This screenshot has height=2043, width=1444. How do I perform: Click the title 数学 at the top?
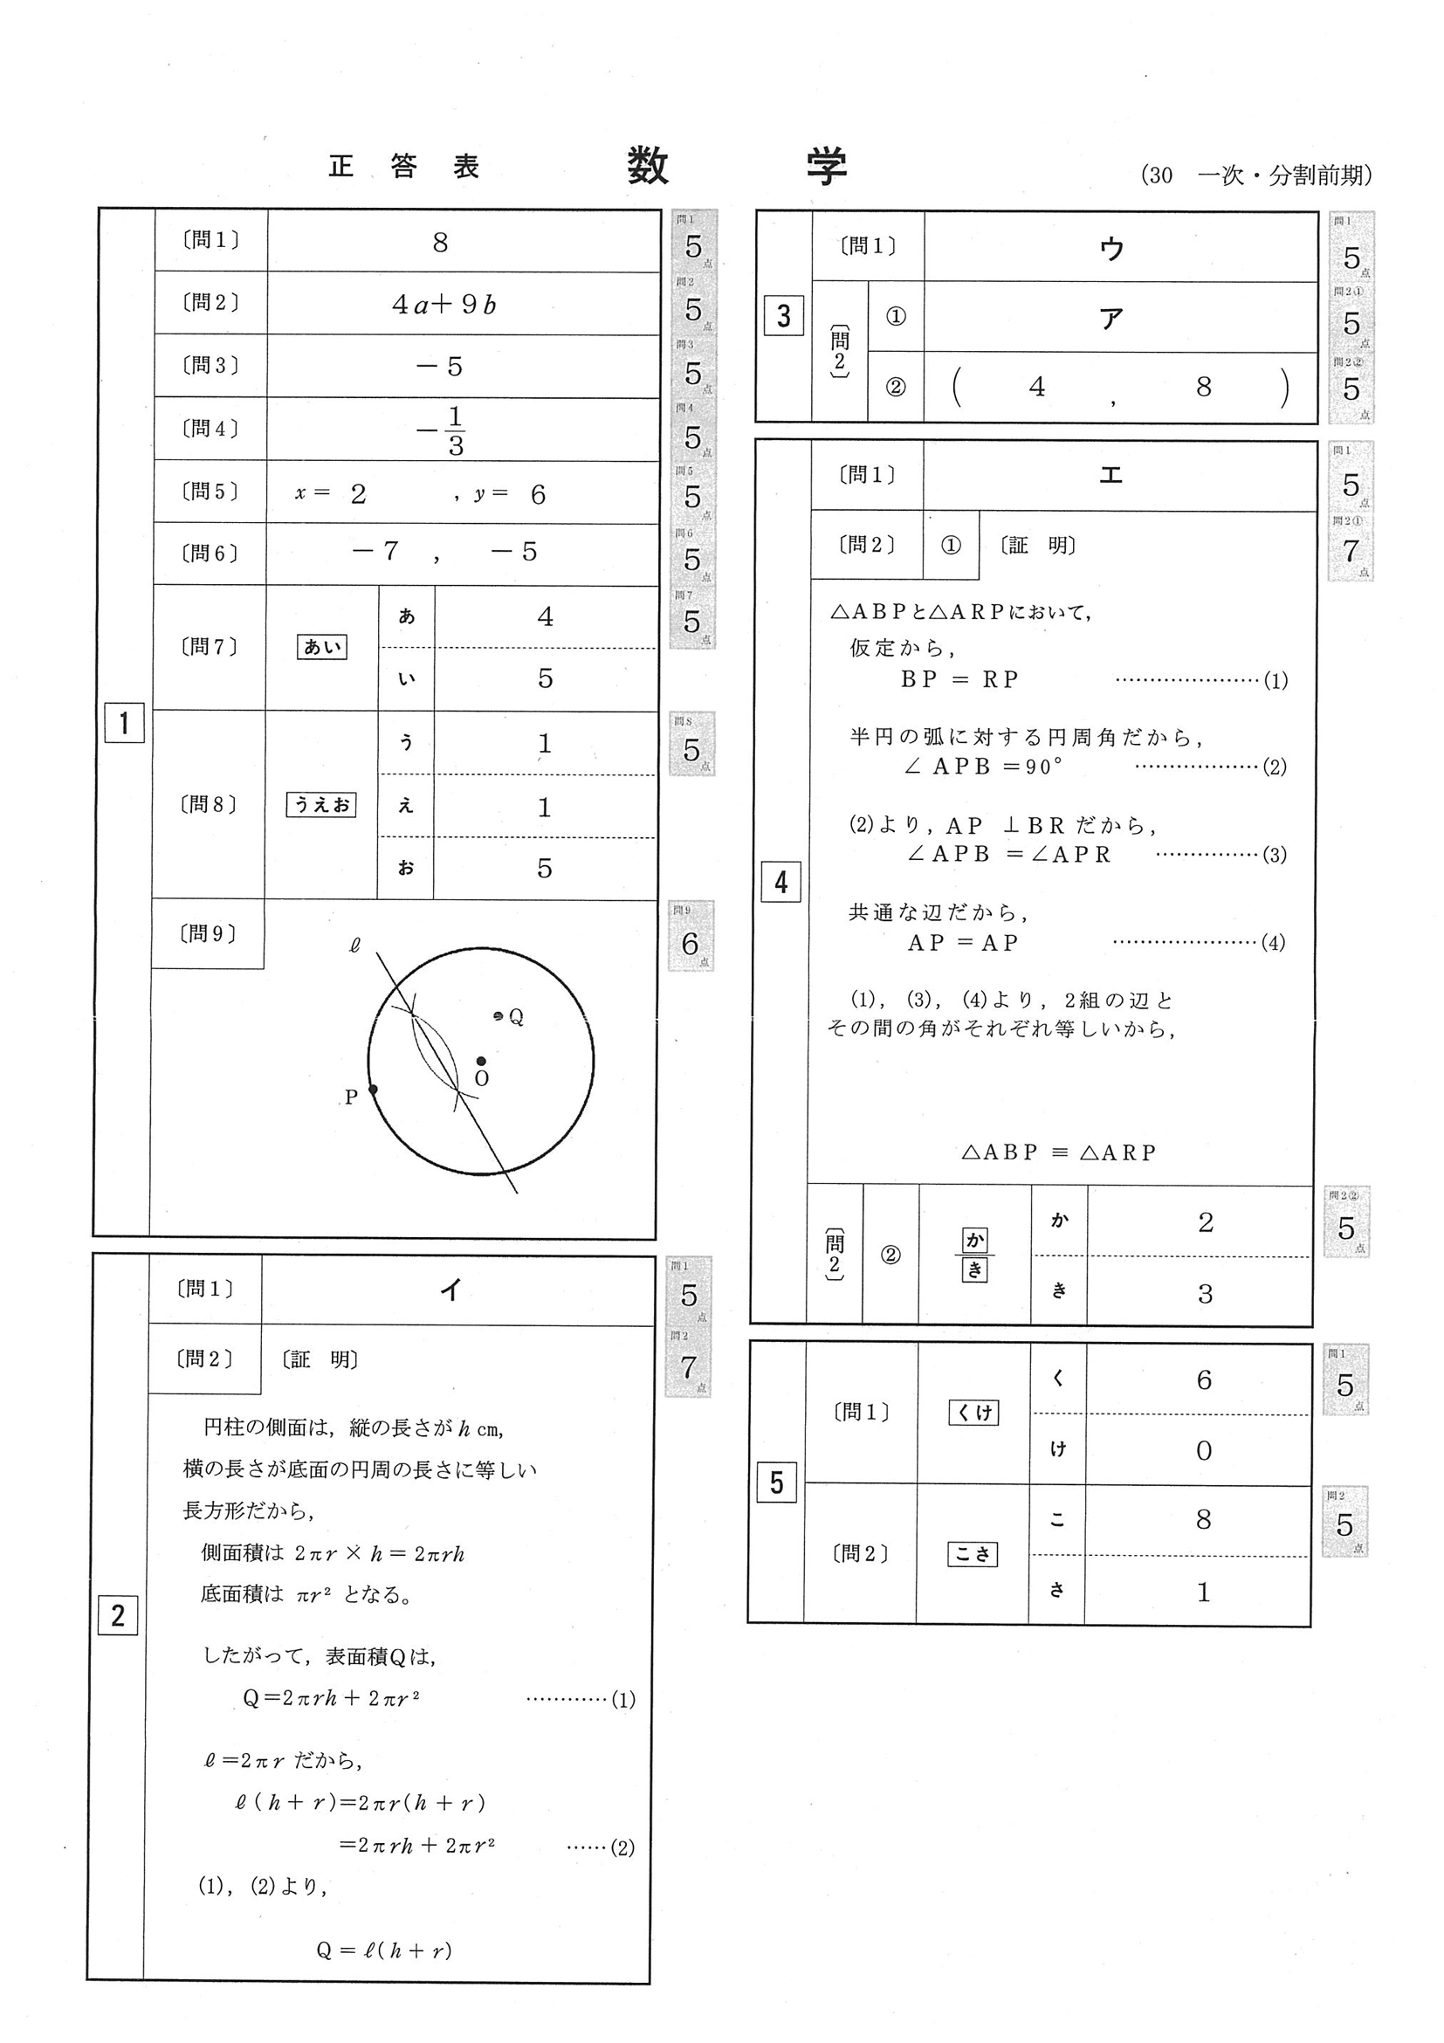pyautogui.click(x=737, y=167)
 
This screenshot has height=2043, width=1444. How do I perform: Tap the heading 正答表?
pyautogui.click(x=405, y=167)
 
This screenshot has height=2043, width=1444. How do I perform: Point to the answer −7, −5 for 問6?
pyautogui.click(x=445, y=553)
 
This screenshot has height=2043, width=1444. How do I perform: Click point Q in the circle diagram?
pyautogui.click(x=499, y=1015)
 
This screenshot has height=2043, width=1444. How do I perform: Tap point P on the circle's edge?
pyautogui.click(x=373, y=1089)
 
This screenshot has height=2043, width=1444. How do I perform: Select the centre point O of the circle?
pyautogui.click(x=481, y=1061)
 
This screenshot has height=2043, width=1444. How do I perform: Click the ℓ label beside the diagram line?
pyautogui.click(x=355, y=946)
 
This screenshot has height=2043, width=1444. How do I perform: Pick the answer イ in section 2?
pyautogui.click(x=451, y=1290)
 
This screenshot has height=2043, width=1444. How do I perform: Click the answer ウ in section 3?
pyautogui.click(x=1111, y=249)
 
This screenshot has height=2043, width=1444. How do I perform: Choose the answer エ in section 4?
pyautogui.click(x=1111, y=475)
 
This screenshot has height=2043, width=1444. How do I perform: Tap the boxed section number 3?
pyautogui.click(x=783, y=316)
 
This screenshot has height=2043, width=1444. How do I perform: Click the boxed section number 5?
pyautogui.click(x=776, y=1482)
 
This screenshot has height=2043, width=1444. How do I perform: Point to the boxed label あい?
pyautogui.click(x=321, y=647)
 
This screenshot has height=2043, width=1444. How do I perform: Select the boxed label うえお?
pyautogui.click(x=320, y=804)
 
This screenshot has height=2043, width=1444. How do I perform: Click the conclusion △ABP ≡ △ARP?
pyautogui.click(x=1059, y=1152)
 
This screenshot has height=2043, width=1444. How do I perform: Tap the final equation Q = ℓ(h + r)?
pyautogui.click(x=384, y=1950)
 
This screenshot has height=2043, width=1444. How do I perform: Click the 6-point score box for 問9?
pyautogui.click(x=691, y=936)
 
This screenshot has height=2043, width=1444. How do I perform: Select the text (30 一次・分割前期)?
pyautogui.click(x=1255, y=175)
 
